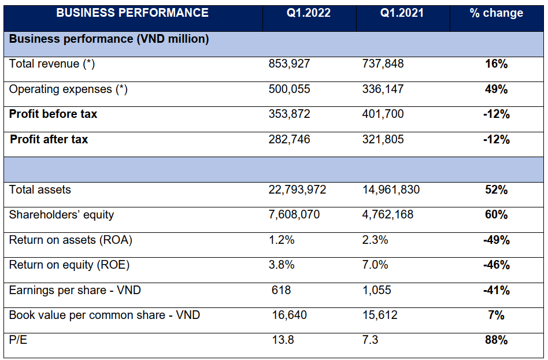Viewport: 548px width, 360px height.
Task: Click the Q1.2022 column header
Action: pos(309,13)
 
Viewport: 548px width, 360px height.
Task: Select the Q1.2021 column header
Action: pos(402,13)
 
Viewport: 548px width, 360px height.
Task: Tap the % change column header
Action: pos(496,13)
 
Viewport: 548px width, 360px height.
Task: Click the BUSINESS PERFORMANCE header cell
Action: pos(132,13)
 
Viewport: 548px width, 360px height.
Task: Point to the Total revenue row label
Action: pos(52,64)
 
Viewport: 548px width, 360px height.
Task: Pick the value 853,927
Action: pos(290,64)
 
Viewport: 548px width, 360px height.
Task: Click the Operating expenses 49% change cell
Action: pos(496,90)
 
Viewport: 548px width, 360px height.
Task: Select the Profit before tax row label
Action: pos(53,114)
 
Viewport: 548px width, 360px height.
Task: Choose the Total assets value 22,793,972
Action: pos(298,190)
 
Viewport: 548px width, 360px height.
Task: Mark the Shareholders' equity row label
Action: pos(61,215)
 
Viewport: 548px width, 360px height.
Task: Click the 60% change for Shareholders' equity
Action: pos(496,215)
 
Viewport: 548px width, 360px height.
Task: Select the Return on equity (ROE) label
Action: pos(69,265)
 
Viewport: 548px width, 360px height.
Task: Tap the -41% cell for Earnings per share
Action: pos(496,290)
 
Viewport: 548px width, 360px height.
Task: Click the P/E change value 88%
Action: pos(496,340)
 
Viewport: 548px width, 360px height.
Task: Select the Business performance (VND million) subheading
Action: pos(109,39)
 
